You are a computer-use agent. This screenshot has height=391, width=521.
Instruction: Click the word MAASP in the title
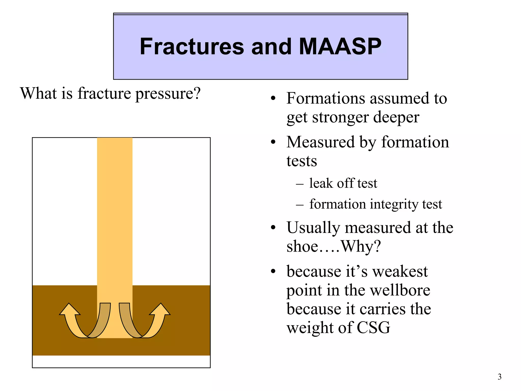pyautogui.click(x=340, y=46)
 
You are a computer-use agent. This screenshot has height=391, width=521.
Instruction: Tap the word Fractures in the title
pyautogui.click(x=192, y=46)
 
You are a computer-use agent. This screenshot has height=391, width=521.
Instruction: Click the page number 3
pyautogui.click(x=499, y=376)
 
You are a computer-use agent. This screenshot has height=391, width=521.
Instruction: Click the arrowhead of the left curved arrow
pyautogui.click(x=69, y=310)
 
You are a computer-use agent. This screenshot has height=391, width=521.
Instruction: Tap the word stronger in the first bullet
pyautogui.click(x=340, y=118)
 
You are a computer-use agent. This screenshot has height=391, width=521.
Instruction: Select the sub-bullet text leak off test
pyautogui.click(x=343, y=183)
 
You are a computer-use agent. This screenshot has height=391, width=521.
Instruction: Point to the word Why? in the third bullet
pyautogui.click(x=360, y=246)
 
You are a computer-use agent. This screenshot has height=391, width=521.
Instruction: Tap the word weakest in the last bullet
pyautogui.click(x=400, y=271)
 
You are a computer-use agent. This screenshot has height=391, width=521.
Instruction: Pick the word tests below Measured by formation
pyautogui.click(x=302, y=161)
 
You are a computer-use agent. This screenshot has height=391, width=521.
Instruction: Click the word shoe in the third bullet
pyautogui.click(x=302, y=246)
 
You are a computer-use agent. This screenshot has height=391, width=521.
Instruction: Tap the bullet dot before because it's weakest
pyautogui.click(x=273, y=272)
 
